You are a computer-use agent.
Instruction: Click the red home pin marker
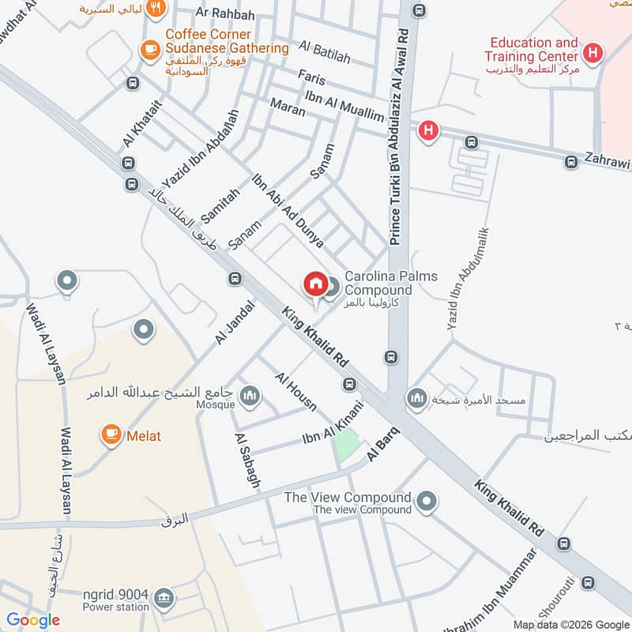click(314, 284)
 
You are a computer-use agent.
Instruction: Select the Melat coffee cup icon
click(111, 434)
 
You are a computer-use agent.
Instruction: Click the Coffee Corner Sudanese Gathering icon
click(149, 49)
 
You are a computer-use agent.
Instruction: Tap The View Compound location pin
click(427, 501)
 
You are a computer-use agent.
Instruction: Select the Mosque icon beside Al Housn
click(250, 395)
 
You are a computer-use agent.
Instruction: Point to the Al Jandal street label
click(235, 322)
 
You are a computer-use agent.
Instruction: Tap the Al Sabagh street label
click(246, 460)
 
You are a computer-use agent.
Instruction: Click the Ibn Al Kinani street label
click(333, 425)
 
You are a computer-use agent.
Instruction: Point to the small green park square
click(345, 444)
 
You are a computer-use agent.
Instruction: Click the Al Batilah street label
click(325, 52)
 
